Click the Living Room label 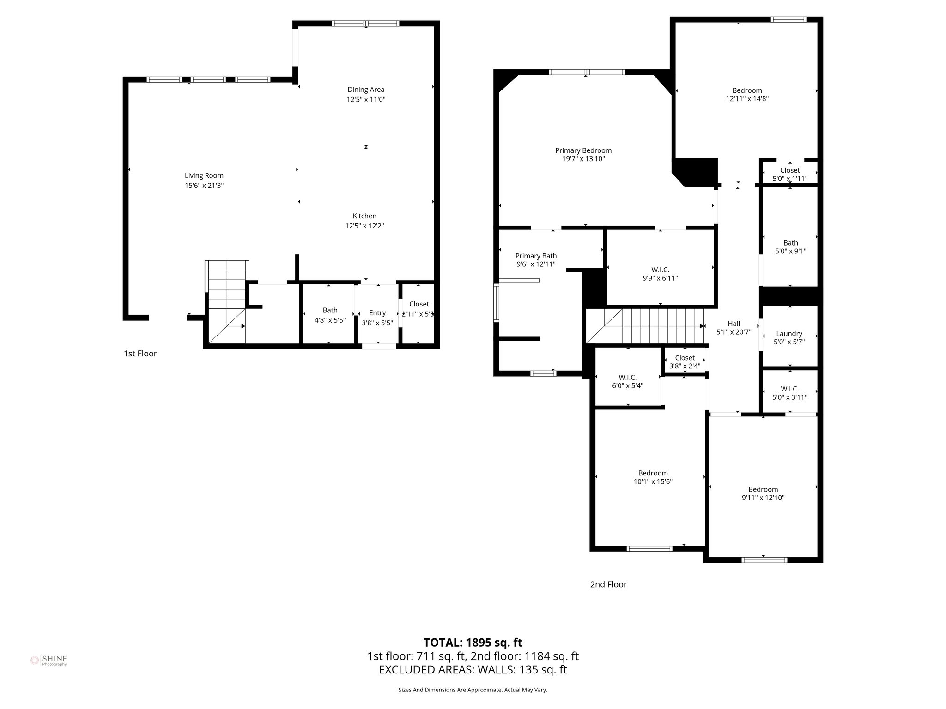[x=204, y=175]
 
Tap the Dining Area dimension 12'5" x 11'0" [x=366, y=99]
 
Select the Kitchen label [x=364, y=216]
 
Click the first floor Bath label [x=330, y=310]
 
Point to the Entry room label [x=377, y=313]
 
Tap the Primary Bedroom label [x=583, y=150]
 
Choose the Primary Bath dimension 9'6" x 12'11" [x=536, y=264]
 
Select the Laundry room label [x=789, y=333]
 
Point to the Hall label [x=734, y=324]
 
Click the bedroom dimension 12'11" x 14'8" [x=747, y=99]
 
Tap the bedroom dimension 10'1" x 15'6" [x=653, y=481]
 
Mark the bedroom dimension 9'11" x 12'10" [x=763, y=498]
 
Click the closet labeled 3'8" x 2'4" [x=685, y=362]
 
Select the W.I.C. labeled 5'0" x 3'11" [x=789, y=393]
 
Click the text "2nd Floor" [x=608, y=584]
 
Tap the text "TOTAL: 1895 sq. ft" [x=473, y=643]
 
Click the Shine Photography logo [x=49, y=661]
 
